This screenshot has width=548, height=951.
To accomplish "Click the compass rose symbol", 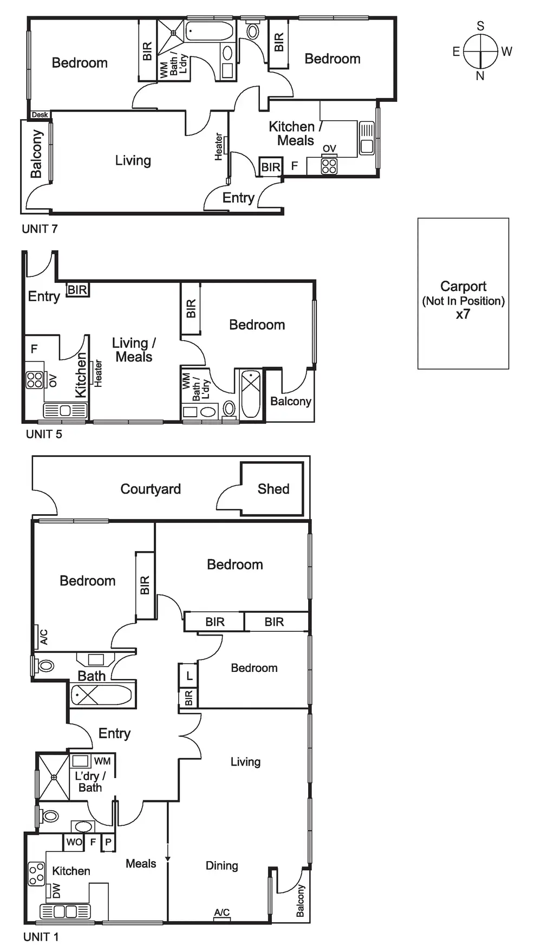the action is (x=480, y=51).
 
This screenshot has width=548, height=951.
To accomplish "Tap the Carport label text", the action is (x=463, y=286).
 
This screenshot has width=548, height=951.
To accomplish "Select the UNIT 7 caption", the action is (x=40, y=229).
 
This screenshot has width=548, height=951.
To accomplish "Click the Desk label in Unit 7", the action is (x=40, y=115).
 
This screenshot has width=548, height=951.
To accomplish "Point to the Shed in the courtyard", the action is (x=272, y=489).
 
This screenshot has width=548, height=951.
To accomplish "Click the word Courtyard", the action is (x=151, y=489).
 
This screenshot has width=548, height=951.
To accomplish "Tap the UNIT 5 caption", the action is (x=44, y=434).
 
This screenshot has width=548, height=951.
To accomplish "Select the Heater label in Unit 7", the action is (x=219, y=146).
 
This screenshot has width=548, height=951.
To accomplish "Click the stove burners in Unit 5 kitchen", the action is (x=35, y=380).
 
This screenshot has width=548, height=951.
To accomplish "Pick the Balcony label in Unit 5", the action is (x=291, y=401).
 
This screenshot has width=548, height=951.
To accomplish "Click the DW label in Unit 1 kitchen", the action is (x=56, y=890).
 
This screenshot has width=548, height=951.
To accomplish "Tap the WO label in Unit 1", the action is (x=74, y=842).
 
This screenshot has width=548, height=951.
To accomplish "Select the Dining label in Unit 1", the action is (x=221, y=865).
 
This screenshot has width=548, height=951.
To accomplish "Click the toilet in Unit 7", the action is (x=252, y=30).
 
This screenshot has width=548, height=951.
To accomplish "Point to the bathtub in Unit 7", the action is (x=210, y=31).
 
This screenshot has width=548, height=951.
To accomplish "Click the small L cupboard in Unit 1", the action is (x=189, y=676).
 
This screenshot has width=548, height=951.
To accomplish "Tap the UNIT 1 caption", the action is (x=41, y=936).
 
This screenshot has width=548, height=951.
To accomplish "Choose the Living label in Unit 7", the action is (x=133, y=160).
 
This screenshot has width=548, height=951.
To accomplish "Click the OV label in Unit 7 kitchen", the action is (x=329, y=148).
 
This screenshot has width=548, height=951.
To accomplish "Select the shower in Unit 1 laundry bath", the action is (x=54, y=777).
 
